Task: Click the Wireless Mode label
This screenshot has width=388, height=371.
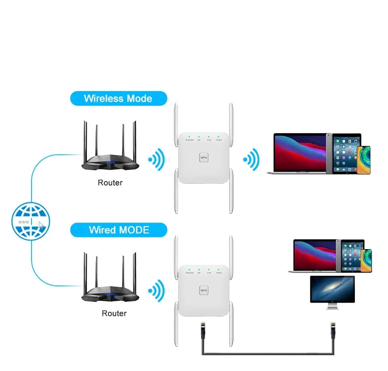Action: point(118,98)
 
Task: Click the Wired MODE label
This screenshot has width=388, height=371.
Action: point(119,230)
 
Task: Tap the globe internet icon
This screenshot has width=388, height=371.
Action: point(31,221)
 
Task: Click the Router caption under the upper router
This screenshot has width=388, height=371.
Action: point(110,183)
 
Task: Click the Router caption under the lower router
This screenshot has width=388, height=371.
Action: point(114,313)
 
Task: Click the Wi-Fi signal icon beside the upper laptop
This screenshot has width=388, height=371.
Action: point(251,160)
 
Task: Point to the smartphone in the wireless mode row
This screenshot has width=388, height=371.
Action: point(364,160)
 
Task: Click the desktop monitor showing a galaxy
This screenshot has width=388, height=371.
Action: point(332,290)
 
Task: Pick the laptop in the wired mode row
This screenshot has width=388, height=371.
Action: point(314,255)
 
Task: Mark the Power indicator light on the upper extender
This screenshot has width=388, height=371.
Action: point(219,136)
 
